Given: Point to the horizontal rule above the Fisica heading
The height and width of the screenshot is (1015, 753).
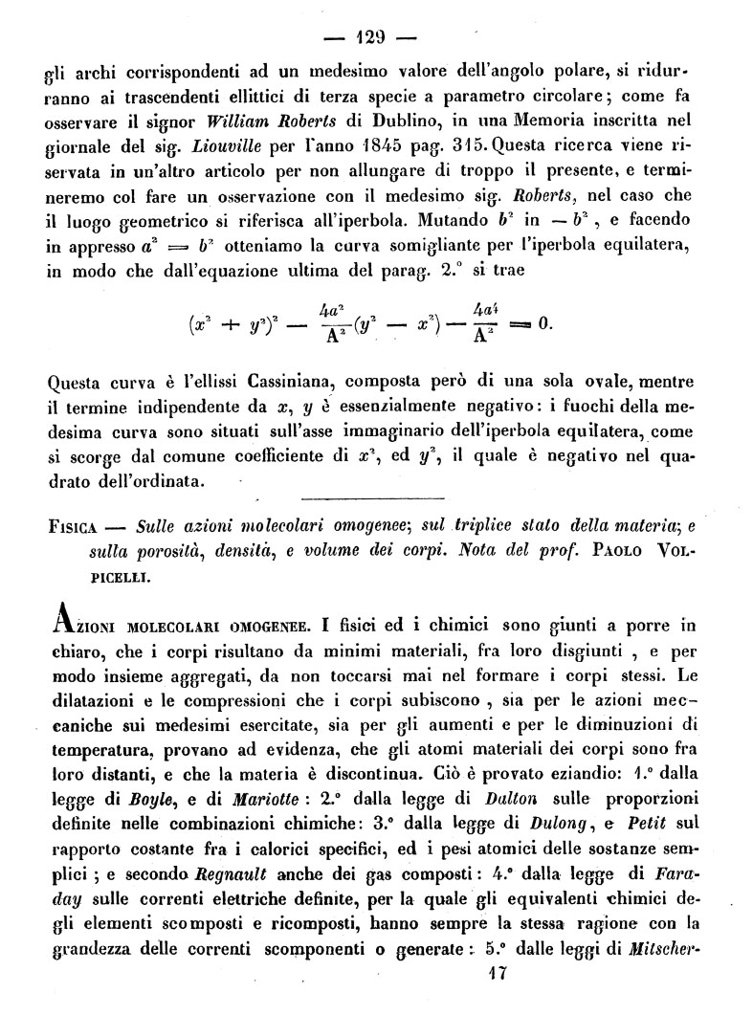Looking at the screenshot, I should (372, 498).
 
